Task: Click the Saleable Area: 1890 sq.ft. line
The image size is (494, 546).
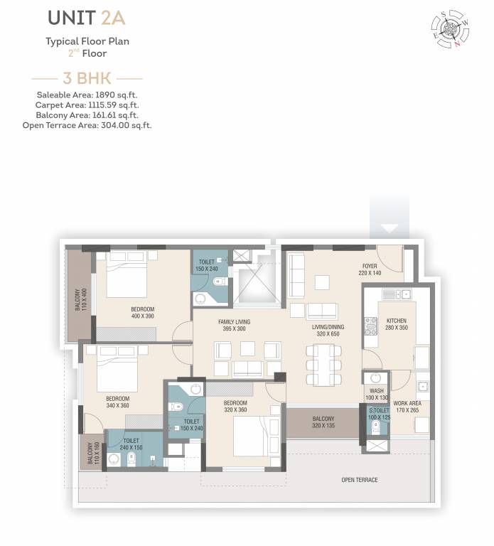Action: click(x=87, y=95)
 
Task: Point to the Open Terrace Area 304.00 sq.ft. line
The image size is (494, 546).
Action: click(x=87, y=125)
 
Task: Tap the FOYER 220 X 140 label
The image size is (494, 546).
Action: click(x=370, y=269)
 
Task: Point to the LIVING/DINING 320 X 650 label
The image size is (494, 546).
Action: click(x=328, y=331)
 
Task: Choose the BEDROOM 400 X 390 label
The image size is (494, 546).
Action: click(x=142, y=313)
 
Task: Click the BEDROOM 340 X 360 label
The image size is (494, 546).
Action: click(x=117, y=402)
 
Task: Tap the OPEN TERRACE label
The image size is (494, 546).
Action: click(x=359, y=480)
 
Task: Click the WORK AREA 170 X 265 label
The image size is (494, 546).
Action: click(x=407, y=407)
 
